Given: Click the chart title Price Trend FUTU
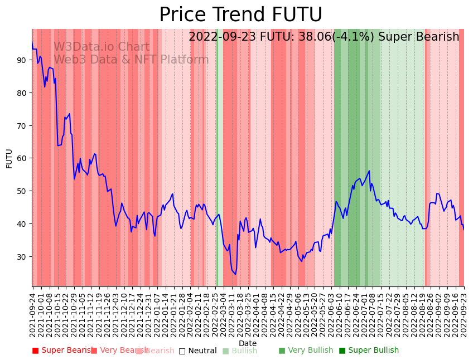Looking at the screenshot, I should pos(240,15).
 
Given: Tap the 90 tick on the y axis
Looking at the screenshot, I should pos(22,60).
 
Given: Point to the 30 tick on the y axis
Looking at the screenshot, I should pos(22,256).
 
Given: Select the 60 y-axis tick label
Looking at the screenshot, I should pos(22,158).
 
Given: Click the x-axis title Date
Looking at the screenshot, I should pos(248,343).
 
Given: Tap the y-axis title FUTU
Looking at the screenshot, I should pos(9,158).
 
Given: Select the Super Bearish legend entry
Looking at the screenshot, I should pos(63,351).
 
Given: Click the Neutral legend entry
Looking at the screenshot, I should pos(198,351).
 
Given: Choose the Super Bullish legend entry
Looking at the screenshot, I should pos(369,351).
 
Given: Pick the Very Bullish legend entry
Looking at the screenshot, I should pos(306,351).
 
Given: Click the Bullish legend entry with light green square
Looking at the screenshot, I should pos(240,351).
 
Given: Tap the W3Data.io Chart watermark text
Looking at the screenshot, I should pos(102,47).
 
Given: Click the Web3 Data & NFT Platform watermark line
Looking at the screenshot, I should pos(131,60).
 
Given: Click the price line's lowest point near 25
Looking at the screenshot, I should pos(235,274).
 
